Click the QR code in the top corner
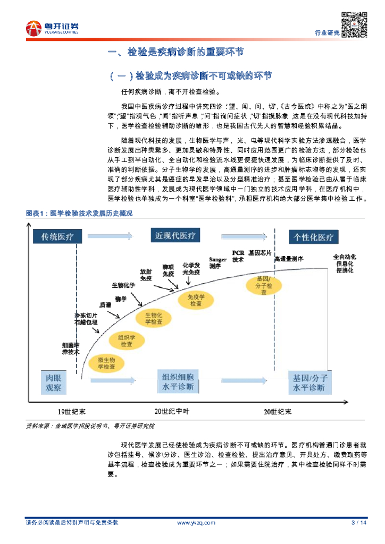click(354, 24)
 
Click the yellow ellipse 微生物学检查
click(106, 363)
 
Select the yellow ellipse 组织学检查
click(127, 341)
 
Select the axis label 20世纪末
click(277, 411)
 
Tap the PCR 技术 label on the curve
click(238, 257)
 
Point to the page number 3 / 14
click(359, 523)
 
